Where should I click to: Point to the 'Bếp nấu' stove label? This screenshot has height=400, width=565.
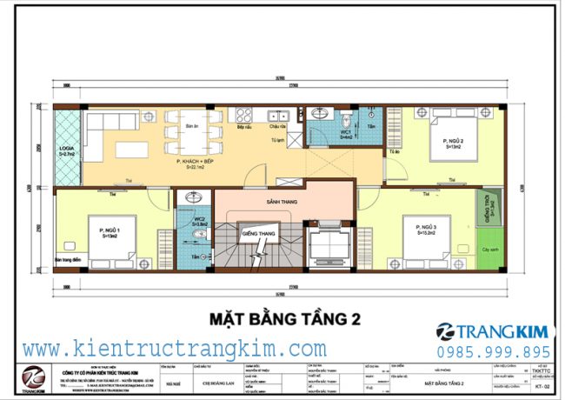[x=244, y=127]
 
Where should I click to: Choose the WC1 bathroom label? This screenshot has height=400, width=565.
[x=345, y=134]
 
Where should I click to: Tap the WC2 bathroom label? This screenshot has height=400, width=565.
[x=198, y=221]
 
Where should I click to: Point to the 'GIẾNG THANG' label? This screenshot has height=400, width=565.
[x=259, y=234]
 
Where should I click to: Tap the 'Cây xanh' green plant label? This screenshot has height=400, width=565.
[x=489, y=250]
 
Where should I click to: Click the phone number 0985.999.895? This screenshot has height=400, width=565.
[x=494, y=351]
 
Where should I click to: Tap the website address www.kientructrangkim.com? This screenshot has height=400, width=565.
[x=175, y=349]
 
